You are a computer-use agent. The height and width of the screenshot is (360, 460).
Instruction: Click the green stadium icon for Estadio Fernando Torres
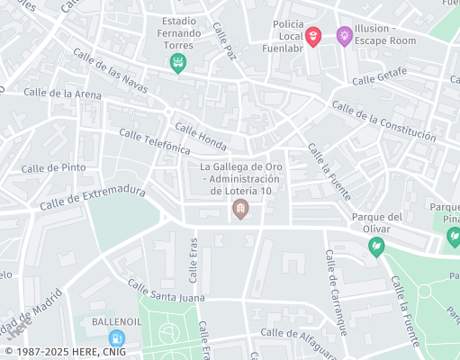178,62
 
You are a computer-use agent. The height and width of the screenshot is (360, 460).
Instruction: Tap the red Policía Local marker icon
312,36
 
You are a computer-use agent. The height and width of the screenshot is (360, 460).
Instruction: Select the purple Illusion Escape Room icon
343,36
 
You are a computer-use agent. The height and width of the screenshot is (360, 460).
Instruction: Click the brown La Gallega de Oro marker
240,210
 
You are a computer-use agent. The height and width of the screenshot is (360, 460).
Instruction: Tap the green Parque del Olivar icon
376,245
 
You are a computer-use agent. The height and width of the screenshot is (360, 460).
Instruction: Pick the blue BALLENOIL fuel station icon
115,338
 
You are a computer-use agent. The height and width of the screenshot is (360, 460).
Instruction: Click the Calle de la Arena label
62,92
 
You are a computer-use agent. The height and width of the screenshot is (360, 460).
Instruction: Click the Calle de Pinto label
54,167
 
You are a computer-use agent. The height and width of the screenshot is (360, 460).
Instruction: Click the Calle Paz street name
223,42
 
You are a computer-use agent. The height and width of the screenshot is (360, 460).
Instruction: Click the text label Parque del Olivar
376,222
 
